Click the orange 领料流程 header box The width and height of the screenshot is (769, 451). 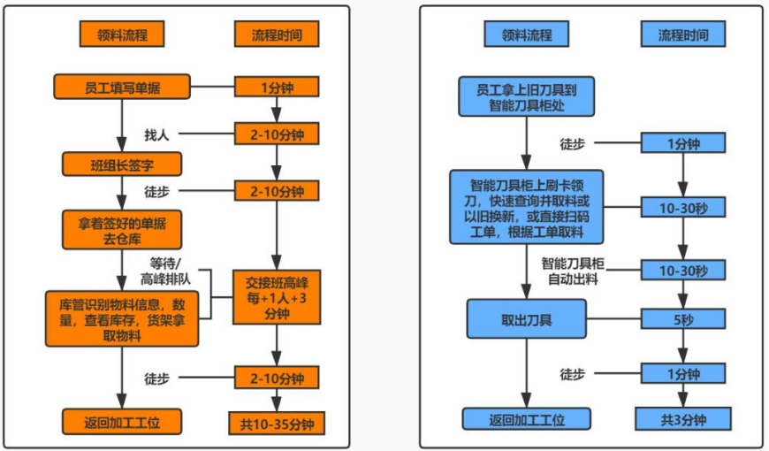pos(114,34)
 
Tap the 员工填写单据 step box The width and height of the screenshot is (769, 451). pos(122,88)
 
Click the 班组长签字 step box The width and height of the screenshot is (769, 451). pos(122,164)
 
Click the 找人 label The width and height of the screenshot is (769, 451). pos(156,134)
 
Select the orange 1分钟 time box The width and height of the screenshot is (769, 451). pos(277,88)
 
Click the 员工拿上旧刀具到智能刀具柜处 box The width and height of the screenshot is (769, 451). pos(526,96)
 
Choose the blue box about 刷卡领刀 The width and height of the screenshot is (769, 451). pos(526,207)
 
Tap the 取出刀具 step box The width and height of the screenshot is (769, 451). pos(526,319)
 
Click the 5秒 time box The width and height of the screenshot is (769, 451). pos(682,319)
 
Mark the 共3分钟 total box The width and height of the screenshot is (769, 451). pos(682,419)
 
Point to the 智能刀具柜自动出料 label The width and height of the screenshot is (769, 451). pos(580,270)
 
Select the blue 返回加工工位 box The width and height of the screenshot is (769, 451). pos(526,419)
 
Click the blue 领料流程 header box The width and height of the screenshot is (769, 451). pos(526,34)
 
